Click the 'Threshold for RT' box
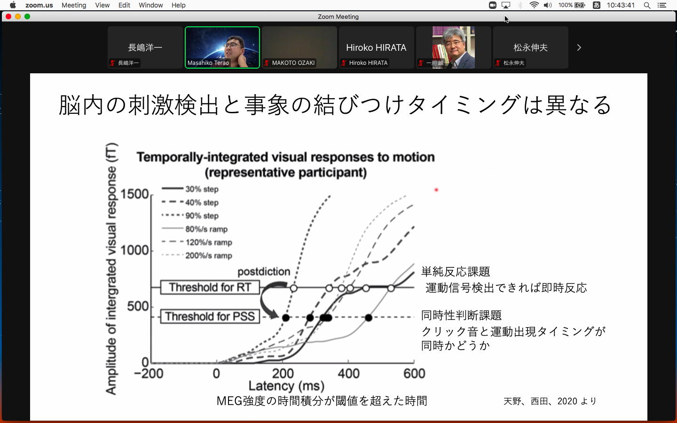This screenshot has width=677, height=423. click(x=210, y=287)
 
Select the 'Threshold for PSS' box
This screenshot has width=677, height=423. click(x=210, y=316)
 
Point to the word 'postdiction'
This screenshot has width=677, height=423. click(x=264, y=272)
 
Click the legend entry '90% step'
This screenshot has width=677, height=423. click(x=190, y=216)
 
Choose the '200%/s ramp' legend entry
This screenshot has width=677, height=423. click(x=197, y=256)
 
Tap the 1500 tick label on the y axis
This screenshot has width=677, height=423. click(x=134, y=194)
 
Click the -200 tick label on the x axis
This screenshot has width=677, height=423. click(x=149, y=374)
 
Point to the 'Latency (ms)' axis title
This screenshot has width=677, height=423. click(x=286, y=386)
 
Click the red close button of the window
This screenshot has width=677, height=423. click(x=8, y=16)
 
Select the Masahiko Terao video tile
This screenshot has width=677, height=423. click(x=222, y=47)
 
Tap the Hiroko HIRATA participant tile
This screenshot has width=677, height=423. click(x=376, y=47)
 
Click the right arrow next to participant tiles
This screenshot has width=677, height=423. click(x=579, y=47)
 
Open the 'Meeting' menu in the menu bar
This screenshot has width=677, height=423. click(x=74, y=5)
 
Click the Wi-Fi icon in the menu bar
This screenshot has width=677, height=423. click(x=534, y=5)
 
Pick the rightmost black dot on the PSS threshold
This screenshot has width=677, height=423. click(x=369, y=318)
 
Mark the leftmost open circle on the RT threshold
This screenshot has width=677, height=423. click(x=293, y=288)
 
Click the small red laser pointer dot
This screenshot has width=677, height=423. click(x=436, y=190)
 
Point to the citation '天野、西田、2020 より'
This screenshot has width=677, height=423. click(x=550, y=401)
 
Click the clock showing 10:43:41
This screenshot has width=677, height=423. click(x=621, y=5)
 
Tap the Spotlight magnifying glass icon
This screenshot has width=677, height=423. click(x=647, y=5)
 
